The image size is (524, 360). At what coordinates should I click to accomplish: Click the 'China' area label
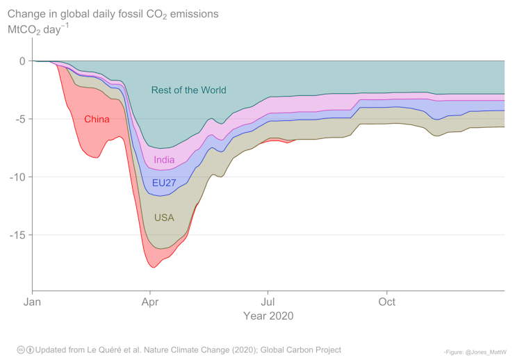pyautogui.click(x=97, y=119)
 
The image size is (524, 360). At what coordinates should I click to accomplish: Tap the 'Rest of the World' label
pyautogui.click(x=188, y=90)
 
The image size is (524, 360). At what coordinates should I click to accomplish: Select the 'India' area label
pyautogui.click(x=164, y=160)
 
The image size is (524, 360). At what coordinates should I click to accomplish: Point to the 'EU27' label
pyautogui.click(x=164, y=183)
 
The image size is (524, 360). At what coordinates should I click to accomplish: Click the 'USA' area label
pyautogui.click(x=164, y=218)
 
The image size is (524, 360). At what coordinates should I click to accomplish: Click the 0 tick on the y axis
pyautogui.click(x=22, y=61)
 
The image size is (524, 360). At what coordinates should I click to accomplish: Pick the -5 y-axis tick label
pyautogui.click(x=19, y=119)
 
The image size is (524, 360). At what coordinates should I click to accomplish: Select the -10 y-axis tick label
pyautogui.click(x=17, y=177)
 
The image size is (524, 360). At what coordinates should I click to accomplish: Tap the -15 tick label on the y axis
pyautogui.click(x=17, y=234)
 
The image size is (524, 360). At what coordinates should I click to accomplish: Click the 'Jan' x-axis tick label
pyautogui.click(x=32, y=302)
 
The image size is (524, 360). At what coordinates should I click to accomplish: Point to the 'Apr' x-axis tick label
pyautogui.click(x=149, y=302)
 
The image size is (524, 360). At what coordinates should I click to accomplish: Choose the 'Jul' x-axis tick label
pyautogui.click(x=268, y=302)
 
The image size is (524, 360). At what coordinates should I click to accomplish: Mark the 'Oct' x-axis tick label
pyautogui.click(x=386, y=302)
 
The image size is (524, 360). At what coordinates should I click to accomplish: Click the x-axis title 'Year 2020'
pyautogui.click(x=268, y=316)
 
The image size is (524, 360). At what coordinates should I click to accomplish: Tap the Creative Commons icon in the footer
pyautogui.click(x=21, y=350)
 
